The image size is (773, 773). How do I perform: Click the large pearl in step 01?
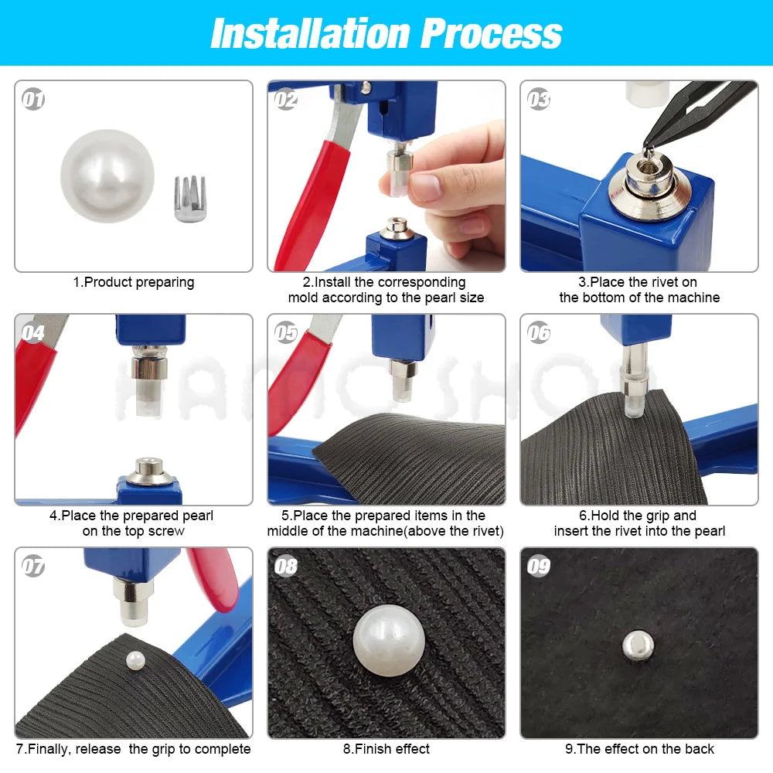[x=107, y=176]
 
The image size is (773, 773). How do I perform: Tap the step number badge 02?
[x=285, y=99]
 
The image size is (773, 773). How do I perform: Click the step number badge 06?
[x=538, y=332]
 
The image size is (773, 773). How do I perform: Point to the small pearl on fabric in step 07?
[x=136, y=659]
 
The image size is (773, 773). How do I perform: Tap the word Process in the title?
[x=492, y=33]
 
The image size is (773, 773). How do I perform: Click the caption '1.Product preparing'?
[x=134, y=282]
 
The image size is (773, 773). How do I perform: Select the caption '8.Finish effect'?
[x=386, y=748]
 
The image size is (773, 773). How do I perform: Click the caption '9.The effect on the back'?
[x=639, y=748]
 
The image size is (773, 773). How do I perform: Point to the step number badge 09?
[x=538, y=567]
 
